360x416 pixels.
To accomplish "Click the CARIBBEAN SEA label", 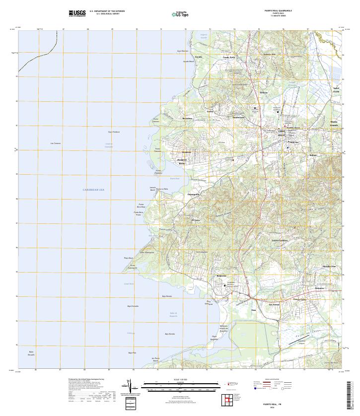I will (93, 190).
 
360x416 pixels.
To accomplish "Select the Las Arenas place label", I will (274, 304).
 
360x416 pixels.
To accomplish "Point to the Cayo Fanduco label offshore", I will (114, 132).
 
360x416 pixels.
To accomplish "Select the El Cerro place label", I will (196, 220).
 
